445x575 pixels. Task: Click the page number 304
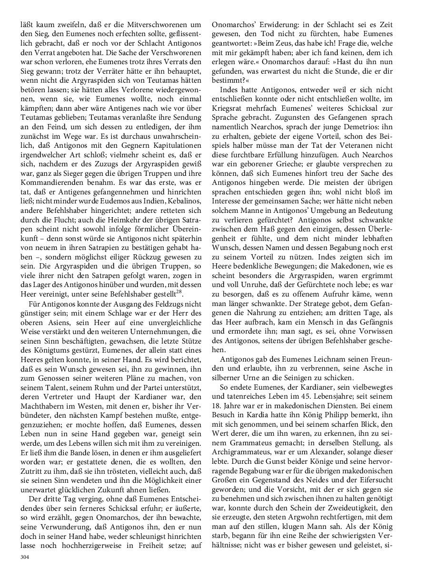tap(25, 556)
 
